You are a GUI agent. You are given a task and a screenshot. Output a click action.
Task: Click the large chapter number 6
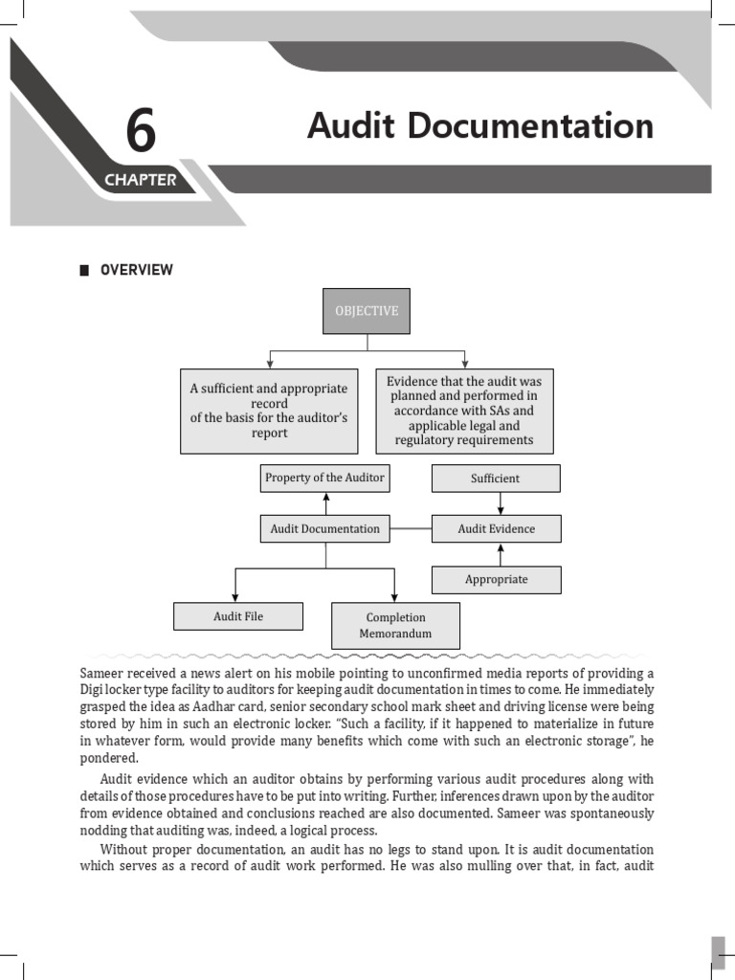(140, 131)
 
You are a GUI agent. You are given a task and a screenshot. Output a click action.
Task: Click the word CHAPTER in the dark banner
(140, 180)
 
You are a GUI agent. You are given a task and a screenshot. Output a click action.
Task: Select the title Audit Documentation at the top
(480, 126)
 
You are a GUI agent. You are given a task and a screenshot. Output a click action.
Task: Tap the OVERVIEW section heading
(138, 270)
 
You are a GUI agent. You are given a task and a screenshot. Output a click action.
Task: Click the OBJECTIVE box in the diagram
(366, 311)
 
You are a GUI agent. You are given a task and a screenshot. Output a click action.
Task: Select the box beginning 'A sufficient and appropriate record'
(269, 411)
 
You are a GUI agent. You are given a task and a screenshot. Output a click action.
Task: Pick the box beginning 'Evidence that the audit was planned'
(464, 411)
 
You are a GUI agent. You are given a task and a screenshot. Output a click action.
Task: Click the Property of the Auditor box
(324, 478)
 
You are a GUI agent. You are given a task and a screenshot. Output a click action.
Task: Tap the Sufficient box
(496, 478)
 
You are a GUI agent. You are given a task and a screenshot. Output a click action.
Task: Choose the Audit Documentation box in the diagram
(324, 528)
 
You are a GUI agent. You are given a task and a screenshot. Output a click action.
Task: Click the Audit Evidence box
(496, 528)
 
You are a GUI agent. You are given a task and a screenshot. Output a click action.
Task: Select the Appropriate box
(496, 579)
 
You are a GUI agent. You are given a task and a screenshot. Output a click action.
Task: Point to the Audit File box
(237, 616)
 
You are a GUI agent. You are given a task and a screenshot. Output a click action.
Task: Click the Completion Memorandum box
(395, 625)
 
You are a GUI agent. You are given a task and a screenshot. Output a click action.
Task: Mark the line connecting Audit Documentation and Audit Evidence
(411, 528)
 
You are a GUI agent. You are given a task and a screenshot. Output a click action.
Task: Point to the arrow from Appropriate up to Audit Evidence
(500, 554)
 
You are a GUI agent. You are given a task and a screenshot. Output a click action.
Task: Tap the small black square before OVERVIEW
(84, 270)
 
